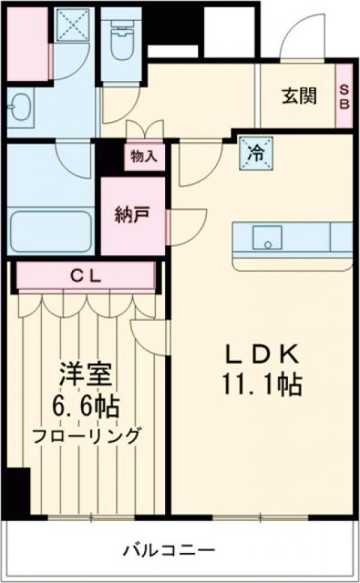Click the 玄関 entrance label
point(297,96)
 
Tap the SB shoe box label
point(345,96)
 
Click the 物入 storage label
point(144,156)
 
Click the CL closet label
point(87,274)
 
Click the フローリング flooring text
point(88,435)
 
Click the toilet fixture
point(118,41)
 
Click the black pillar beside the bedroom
point(15,491)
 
